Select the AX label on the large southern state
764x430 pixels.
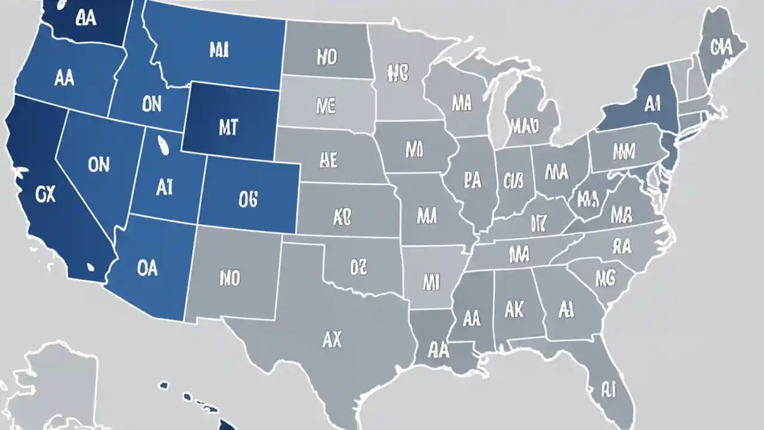332,339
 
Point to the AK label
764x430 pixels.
514,309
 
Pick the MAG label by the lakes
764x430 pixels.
525,125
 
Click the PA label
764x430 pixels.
472,181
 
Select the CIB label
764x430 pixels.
513,180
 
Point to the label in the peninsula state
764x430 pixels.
608,390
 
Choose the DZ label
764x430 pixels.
358,268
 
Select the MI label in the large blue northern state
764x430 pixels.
219,50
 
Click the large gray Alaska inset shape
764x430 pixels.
54,388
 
